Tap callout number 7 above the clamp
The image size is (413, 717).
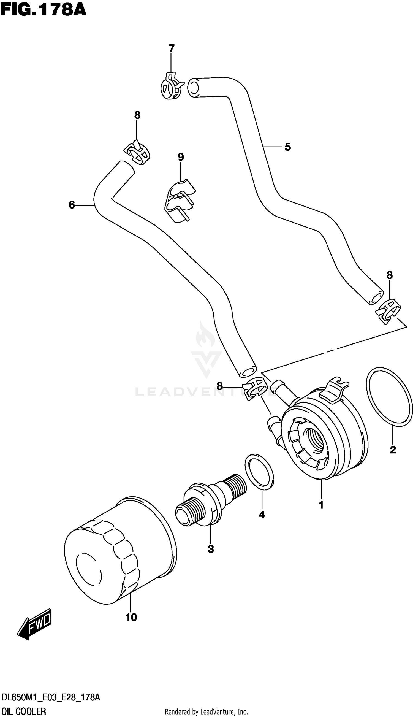[x=171, y=48]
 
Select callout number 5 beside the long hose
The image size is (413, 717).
[x=287, y=147]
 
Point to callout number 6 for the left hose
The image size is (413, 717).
[x=72, y=205]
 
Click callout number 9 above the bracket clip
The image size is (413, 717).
[x=181, y=157]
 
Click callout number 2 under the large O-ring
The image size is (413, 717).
[x=393, y=450]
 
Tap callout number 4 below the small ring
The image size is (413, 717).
[x=262, y=515]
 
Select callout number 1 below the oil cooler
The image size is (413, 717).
[x=321, y=505]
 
